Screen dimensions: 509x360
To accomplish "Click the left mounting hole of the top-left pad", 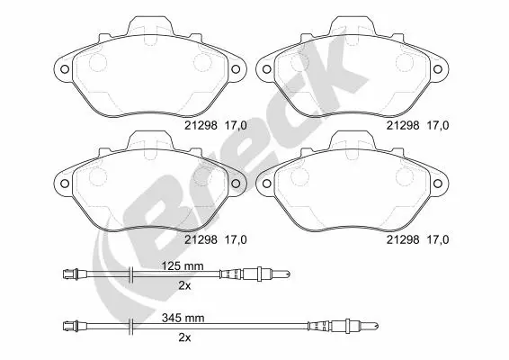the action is [65, 69].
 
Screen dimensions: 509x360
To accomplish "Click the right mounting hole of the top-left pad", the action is [236, 69].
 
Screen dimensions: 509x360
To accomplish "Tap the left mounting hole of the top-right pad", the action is [266, 69].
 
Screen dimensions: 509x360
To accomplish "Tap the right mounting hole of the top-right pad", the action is [438, 69].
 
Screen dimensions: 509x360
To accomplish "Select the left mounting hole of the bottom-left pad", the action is [65, 184].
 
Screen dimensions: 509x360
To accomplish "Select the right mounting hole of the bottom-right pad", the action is [438, 184].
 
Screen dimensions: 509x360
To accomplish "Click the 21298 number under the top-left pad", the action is [201, 125].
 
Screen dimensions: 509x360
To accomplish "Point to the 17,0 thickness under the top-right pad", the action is [438, 125].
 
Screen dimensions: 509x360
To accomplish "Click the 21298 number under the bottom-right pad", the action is [403, 239].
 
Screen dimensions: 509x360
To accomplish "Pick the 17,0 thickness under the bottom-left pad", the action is [236, 239].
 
